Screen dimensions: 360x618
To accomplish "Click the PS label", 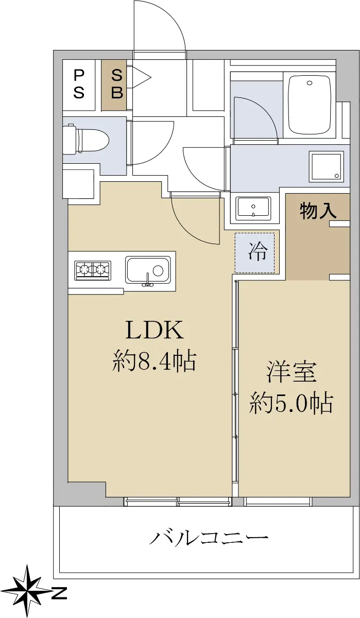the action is (x=79, y=84).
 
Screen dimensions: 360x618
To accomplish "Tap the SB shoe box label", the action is (x=117, y=84).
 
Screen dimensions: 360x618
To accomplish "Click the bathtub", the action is (x=309, y=105).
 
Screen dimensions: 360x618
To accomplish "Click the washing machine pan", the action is (x=327, y=166).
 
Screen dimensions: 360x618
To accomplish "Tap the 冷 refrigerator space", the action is (x=254, y=253).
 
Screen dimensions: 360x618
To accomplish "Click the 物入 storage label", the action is (x=318, y=211).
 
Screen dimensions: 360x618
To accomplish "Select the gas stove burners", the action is (x=93, y=270).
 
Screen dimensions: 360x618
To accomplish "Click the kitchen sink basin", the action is (x=148, y=270).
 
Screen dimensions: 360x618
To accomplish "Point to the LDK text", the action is (x=155, y=330).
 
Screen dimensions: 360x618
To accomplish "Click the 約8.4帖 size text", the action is (x=154, y=361).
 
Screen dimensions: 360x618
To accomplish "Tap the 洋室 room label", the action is (x=291, y=372).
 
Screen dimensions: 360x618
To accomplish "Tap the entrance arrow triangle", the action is (x=142, y=77).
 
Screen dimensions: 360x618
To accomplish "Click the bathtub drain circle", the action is (x=309, y=82).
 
